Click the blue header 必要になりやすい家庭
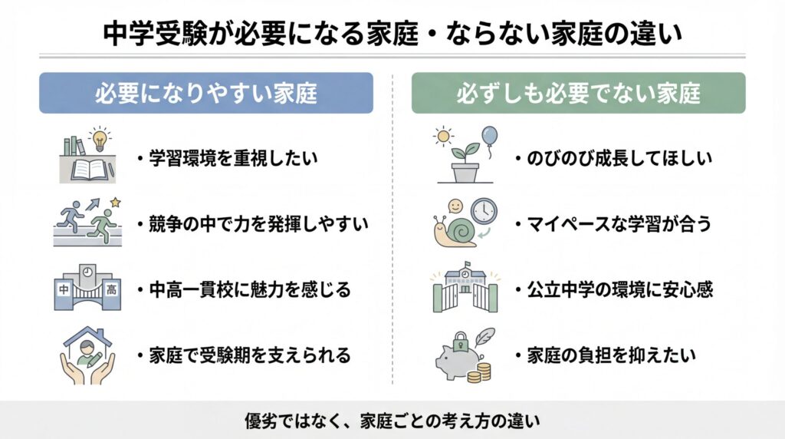pos(205,93)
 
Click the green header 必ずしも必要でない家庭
pos(578,93)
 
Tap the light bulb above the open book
pos(100,139)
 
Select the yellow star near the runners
pos(116,203)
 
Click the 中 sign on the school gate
pos(64,289)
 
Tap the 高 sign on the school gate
pos(111,289)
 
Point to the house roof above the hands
pos(87,336)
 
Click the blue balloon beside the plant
pos(489,136)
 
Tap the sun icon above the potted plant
pos(443,136)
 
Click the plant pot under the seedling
pos(465,173)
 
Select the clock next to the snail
pos(484,212)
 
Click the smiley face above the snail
pos(455,206)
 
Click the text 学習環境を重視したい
pos(233,158)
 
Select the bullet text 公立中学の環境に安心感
pos(619,289)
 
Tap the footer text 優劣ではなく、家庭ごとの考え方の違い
pos(392,420)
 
